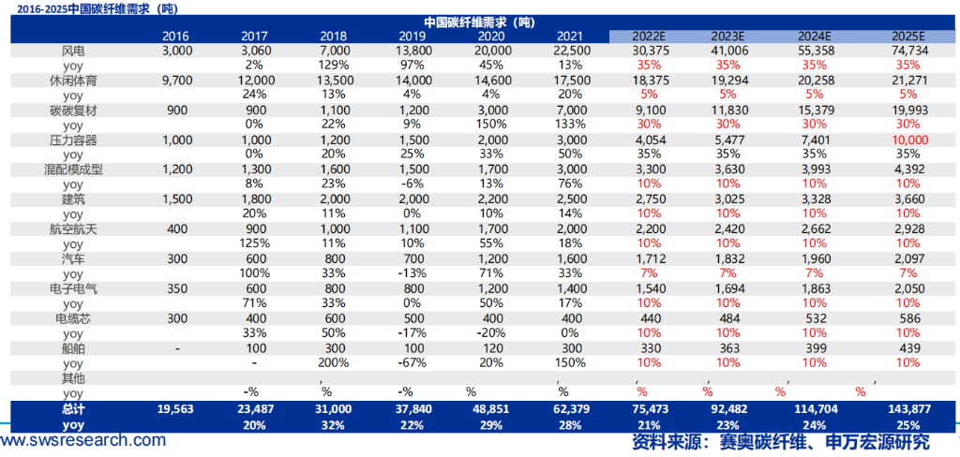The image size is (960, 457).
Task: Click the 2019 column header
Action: point(398,36)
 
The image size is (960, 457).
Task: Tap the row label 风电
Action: point(72,51)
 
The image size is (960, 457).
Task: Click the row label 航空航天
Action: point(72,229)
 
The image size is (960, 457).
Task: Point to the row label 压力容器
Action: point(72,140)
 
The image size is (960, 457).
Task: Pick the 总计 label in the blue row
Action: point(71,409)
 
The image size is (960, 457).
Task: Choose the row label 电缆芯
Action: point(72,318)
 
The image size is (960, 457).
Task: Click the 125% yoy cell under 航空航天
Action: point(254,243)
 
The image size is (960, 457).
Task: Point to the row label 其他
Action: point(72,378)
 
